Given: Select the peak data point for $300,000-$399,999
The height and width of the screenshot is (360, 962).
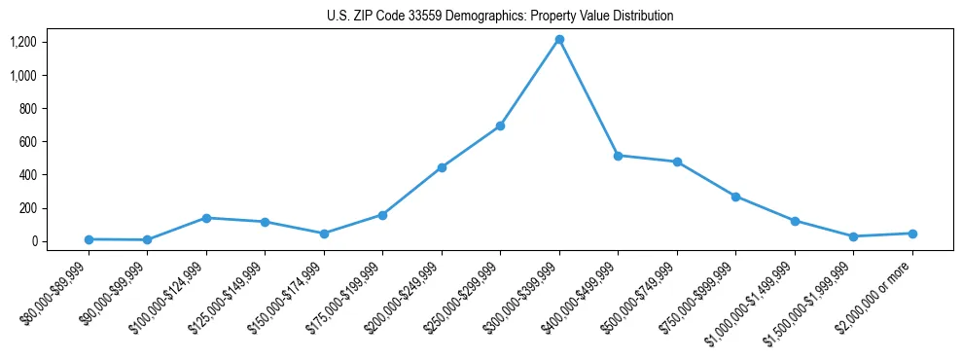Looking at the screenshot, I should [x=559, y=40].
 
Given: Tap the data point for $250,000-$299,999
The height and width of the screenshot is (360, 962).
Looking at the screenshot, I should [x=500, y=126].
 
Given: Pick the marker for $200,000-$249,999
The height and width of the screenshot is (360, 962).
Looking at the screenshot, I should [x=442, y=167].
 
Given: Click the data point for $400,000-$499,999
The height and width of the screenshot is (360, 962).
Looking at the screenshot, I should [x=618, y=156].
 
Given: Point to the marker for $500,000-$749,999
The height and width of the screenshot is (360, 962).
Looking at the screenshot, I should [x=677, y=162].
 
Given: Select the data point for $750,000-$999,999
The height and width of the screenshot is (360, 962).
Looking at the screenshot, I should [x=735, y=197].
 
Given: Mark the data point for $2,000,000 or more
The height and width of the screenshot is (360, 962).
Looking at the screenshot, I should [x=912, y=234].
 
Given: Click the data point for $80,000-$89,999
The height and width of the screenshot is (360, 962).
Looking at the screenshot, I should [x=89, y=239].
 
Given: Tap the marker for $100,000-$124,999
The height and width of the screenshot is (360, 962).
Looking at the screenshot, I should [x=206, y=218].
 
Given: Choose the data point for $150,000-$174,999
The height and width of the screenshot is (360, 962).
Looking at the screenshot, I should [x=324, y=234].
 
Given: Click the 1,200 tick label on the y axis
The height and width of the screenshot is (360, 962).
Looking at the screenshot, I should [x=23, y=42].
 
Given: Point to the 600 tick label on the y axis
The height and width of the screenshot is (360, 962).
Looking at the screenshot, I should [x=27, y=142].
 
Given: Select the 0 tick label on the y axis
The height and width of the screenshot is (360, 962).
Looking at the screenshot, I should [x=34, y=241].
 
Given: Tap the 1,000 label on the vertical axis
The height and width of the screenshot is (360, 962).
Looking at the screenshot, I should [x=23, y=75].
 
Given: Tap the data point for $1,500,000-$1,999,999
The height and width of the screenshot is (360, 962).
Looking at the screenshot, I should [x=853, y=236].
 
